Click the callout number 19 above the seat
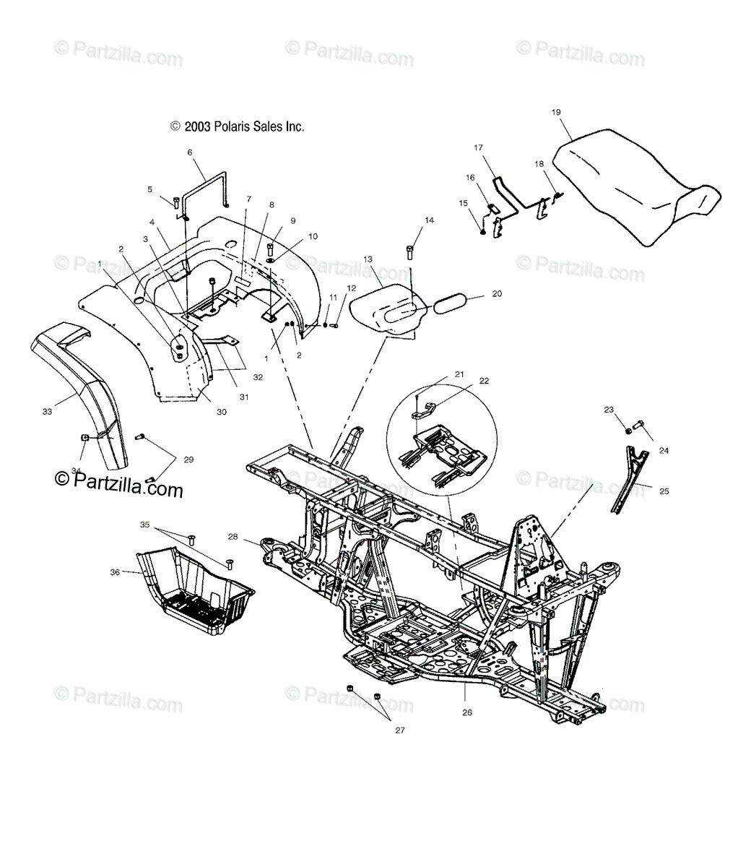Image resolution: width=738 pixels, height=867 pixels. (x=556, y=112)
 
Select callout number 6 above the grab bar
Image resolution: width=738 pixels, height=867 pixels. (x=190, y=152)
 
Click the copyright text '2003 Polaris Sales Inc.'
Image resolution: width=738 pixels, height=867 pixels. (x=217, y=126)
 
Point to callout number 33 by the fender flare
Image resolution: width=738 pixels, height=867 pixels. (x=47, y=412)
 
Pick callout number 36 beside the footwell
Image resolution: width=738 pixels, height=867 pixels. (x=114, y=552)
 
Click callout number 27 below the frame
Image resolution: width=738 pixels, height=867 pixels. (x=400, y=730)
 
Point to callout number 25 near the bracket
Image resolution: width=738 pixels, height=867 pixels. (x=664, y=491)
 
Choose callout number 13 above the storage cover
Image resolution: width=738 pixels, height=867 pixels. (x=368, y=258)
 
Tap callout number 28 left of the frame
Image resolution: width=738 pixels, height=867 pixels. (x=233, y=537)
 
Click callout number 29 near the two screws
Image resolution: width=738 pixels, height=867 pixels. (x=189, y=460)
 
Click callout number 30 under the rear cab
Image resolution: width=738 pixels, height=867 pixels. (x=201, y=412)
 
